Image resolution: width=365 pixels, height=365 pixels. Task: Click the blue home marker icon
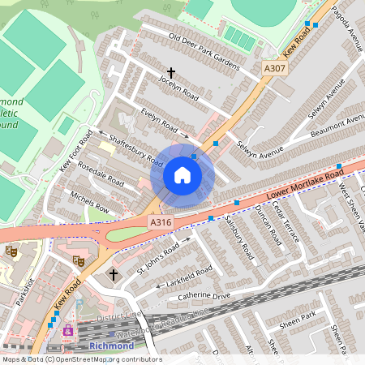(182, 174)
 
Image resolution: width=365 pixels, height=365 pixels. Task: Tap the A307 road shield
(274, 69)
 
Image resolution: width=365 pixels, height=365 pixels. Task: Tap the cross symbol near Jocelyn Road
(171, 73)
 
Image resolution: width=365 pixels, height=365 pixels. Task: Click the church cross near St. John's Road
(114, 276)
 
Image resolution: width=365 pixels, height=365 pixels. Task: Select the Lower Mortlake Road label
(303, 186)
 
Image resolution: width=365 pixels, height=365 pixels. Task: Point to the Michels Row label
(89, 203)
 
